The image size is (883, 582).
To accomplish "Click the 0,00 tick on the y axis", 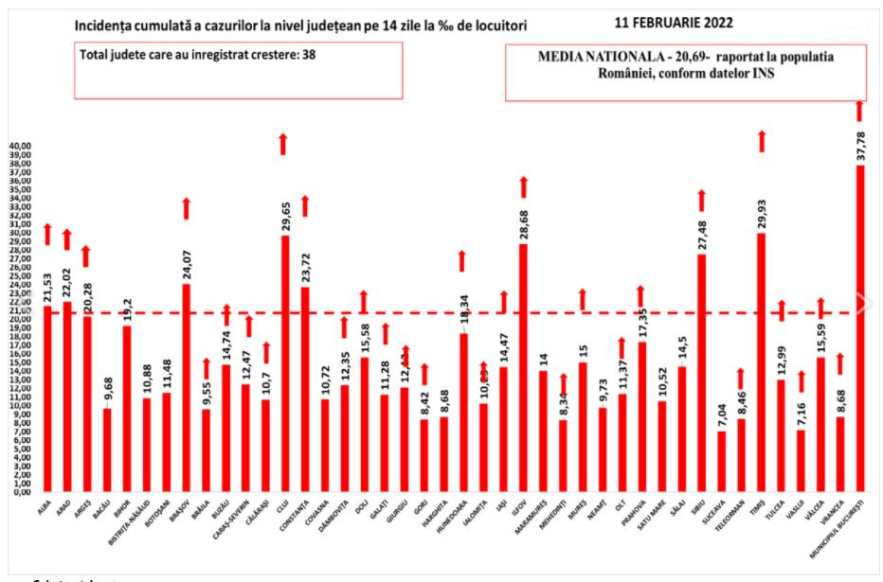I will pyautogui.click(x=22, y=492).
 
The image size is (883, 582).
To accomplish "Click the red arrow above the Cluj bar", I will pyautogui.click(x=282, y=144).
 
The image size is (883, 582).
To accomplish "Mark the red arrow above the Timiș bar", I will pyautogui.click(x=761, y=141).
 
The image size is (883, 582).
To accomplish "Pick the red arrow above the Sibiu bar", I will pyautogui.click(x=701, y=200).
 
